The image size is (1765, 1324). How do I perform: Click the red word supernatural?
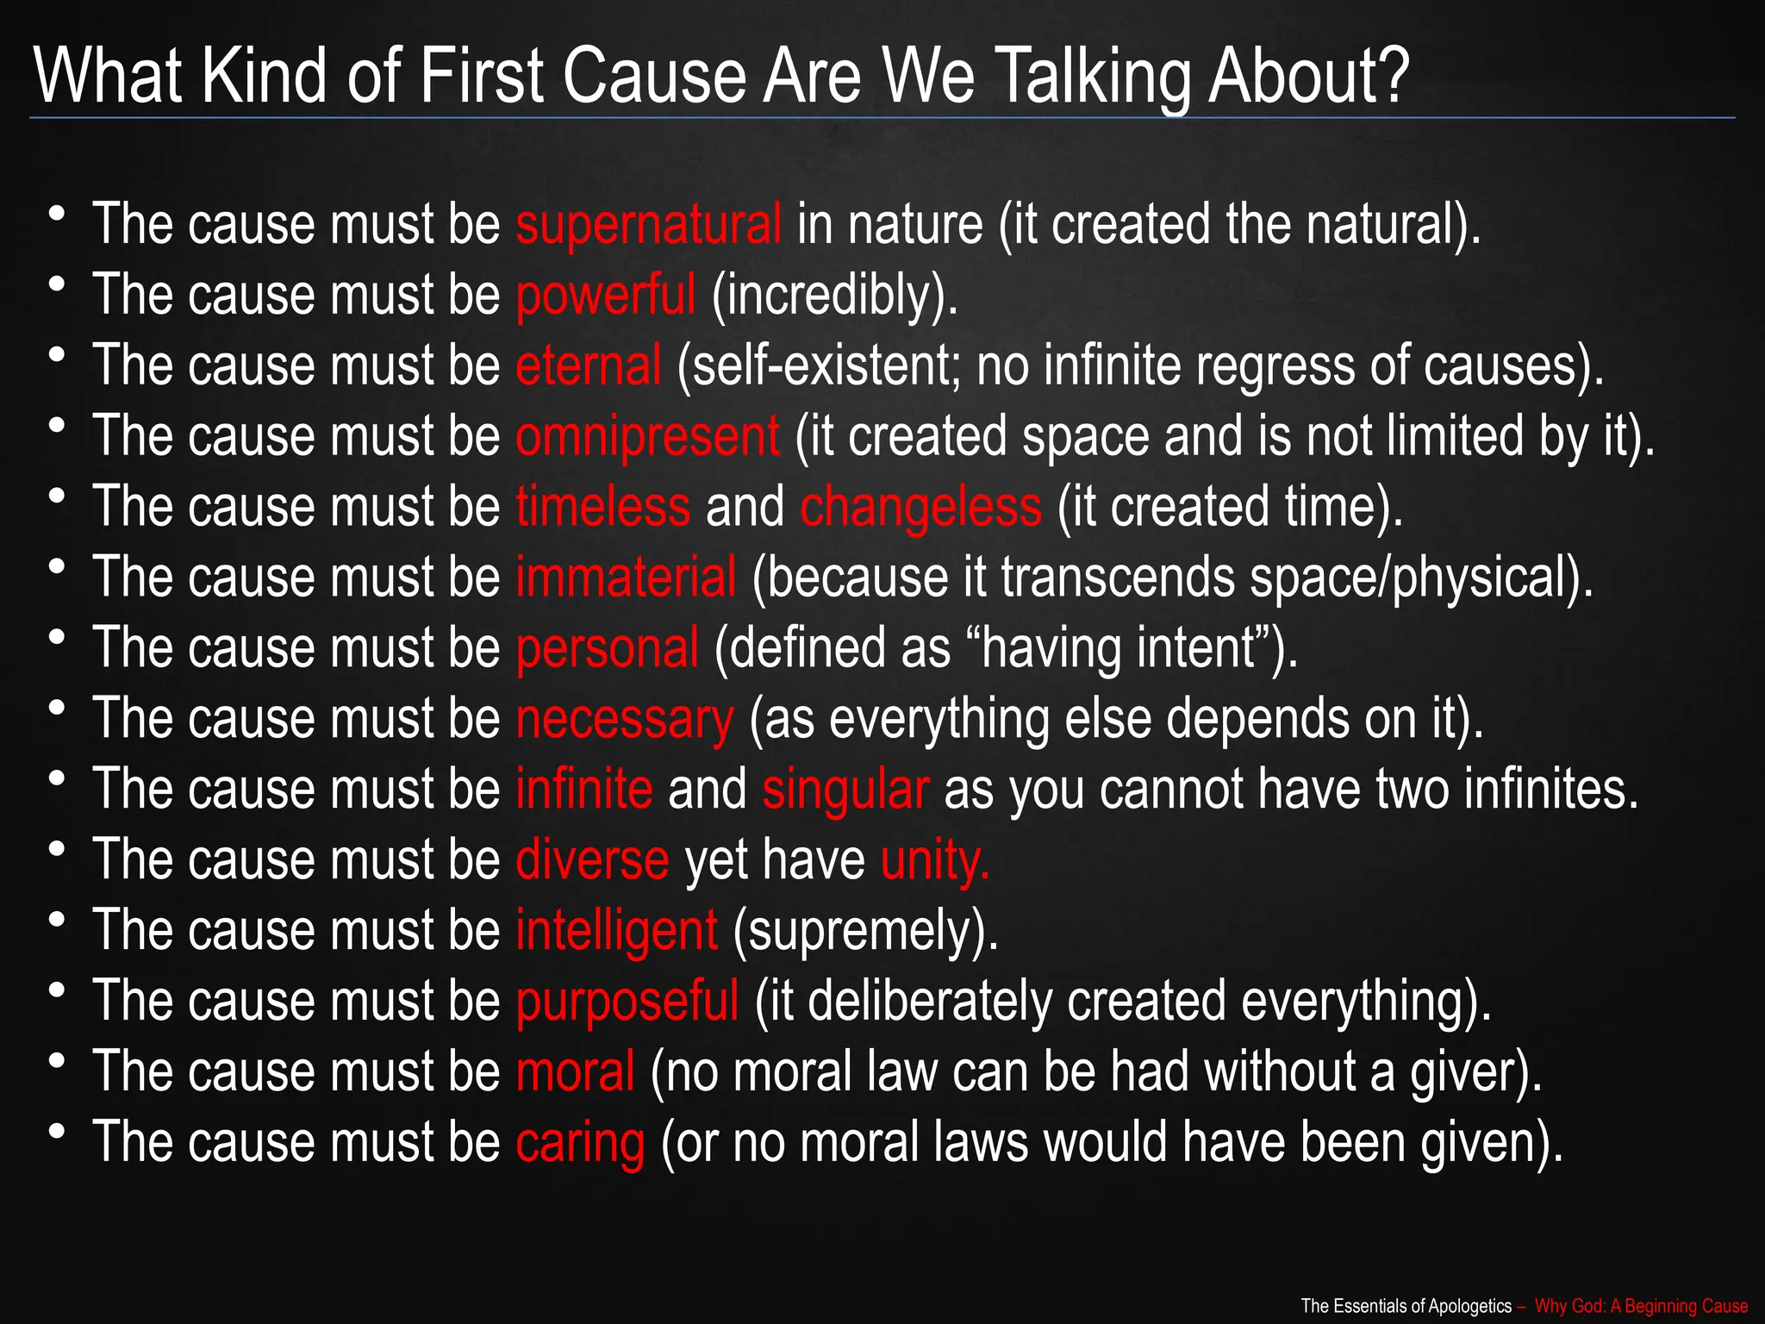(648, 224)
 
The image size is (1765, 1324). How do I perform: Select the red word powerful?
(605, 295)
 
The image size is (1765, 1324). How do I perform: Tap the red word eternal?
(588, 365)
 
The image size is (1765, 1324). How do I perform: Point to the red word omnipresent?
(647, 436)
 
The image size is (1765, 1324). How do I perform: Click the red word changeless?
(920, 507)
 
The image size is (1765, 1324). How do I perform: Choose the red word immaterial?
(626, 577)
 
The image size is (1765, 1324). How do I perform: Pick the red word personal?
(607, 648)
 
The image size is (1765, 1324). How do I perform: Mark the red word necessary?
(625, 719)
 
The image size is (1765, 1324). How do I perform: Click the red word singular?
(845, 790)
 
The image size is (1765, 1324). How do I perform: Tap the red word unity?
(934, 860)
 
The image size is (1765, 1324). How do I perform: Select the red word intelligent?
(616, 931)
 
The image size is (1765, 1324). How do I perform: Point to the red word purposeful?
(627, 1002)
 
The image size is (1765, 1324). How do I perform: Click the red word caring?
(580, 1143)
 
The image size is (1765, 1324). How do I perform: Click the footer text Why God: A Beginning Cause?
(1641, 1306)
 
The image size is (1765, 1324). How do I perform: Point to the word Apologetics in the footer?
(1470, 1306)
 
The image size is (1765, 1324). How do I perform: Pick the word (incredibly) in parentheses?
(833, 295)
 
